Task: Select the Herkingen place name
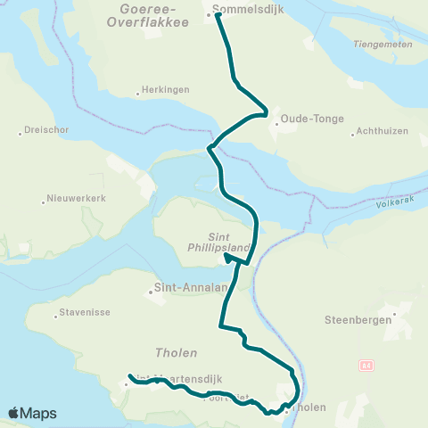point(165,91)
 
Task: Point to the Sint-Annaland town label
point(185,288)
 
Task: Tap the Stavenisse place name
point(83,313)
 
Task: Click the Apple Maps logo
point(32,414)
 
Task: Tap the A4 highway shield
point(366,366)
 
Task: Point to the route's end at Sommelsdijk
point(217,14)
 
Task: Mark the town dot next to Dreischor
point(21,134)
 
